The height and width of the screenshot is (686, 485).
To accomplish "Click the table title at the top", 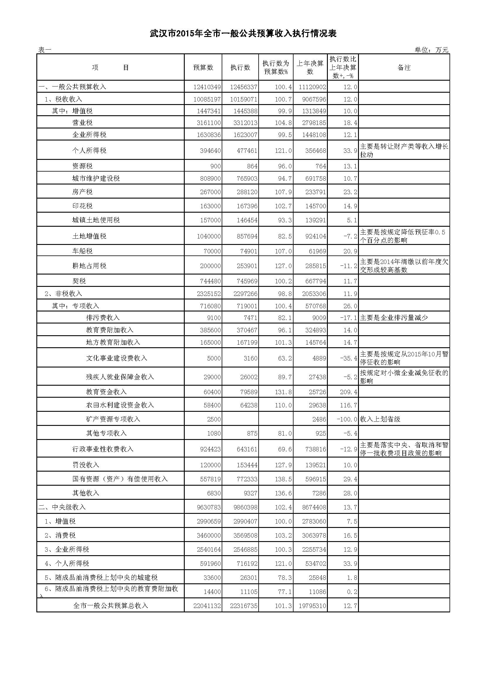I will pos(243,33).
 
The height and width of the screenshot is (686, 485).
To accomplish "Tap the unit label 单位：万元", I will pos(431,50).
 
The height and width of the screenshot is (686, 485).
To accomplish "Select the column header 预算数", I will pos(203,67).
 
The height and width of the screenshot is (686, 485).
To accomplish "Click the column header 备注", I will pos(404,67).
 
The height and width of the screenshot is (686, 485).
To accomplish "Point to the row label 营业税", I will pos(82,123).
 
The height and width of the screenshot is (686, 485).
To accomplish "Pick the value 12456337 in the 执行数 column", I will pos(243,87).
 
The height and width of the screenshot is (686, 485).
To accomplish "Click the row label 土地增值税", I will pos(89,236).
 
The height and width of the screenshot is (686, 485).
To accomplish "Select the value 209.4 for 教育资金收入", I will pos(349,392).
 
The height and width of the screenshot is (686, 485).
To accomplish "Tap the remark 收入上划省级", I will pos(380,419).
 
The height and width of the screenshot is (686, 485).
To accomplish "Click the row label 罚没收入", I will pos(85,465).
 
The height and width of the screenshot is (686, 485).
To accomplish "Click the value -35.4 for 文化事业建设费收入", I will pos(349,358).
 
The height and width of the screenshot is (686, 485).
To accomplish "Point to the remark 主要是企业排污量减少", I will pos(394,318).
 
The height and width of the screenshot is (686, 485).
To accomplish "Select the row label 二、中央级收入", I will pos(62,507).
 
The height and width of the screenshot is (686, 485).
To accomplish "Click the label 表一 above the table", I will pos(45,50).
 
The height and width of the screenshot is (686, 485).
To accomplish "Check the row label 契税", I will pos(79,281).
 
